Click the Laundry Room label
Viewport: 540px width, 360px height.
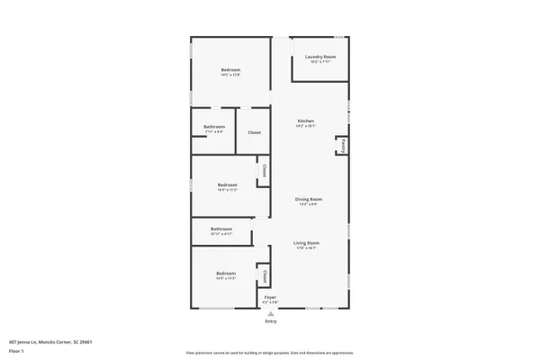(x=319, y=57)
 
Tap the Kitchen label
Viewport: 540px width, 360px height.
(x=307, y=121)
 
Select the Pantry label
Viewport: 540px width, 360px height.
(x=342, y=145)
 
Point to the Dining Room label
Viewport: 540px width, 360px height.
(x=310, y=199)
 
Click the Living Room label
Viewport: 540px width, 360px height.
(x=307, y=243)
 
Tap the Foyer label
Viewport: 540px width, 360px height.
(x=270, y=296)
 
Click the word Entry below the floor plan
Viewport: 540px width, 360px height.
(x=271, y=321)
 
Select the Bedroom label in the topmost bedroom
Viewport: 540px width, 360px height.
(x=231, y=70)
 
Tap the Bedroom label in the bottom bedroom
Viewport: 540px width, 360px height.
(x=225, y=273)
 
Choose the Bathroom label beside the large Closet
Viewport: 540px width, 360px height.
(x=213, y=127)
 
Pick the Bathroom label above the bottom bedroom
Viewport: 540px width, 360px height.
(x=221, y=229)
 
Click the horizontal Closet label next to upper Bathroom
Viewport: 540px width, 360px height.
(x=255, y=132)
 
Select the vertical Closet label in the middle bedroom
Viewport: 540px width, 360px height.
(x=264, y=170)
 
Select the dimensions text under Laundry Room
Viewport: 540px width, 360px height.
(x=319, y=62)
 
